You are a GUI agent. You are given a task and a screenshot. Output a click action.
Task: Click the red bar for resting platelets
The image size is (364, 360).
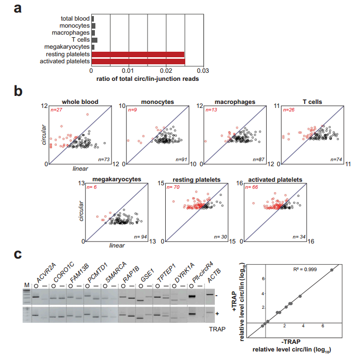(138, 54)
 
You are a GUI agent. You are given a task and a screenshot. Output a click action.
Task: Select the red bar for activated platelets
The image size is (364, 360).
(138, 61)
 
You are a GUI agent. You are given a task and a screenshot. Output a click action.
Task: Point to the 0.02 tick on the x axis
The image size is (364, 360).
(166, 72)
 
